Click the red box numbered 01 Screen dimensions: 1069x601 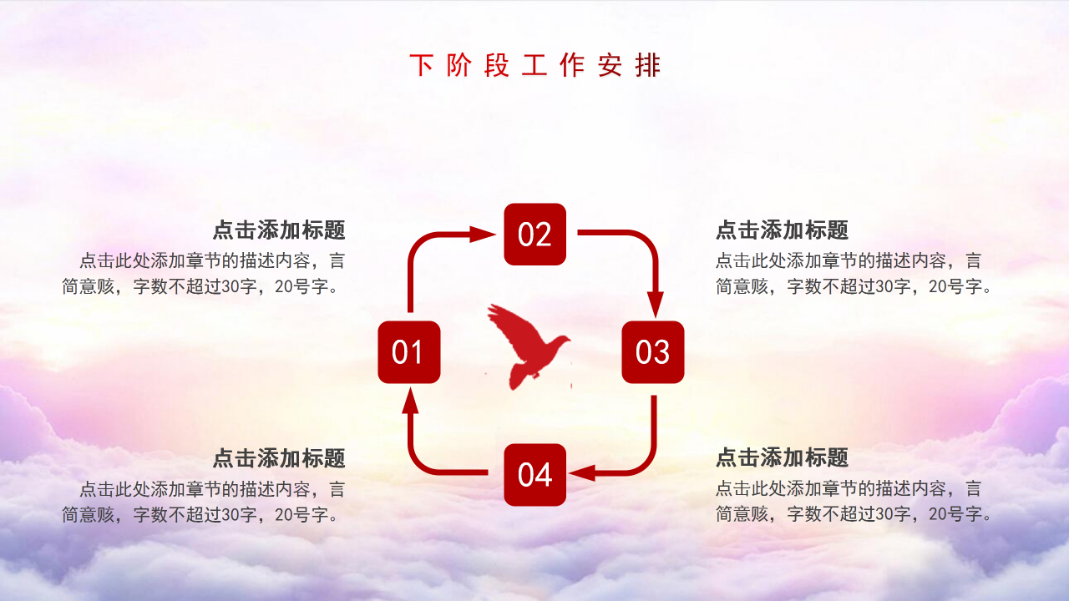409,352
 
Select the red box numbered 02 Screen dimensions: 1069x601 535,235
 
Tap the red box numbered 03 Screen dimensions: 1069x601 653,352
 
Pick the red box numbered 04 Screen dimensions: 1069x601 535,475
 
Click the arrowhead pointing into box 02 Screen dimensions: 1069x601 482,235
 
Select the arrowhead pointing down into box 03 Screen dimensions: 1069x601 656,304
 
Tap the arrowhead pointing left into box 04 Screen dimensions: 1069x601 582,473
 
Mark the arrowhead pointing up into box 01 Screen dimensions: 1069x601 410,400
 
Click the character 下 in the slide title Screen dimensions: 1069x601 422,65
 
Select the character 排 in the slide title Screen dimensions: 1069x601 648,65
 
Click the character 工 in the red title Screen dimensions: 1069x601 534,65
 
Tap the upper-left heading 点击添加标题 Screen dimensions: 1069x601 279,230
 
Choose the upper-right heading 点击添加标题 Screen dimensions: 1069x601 783,230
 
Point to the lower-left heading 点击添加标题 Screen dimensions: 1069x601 279,458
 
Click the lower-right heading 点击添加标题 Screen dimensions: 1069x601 783,457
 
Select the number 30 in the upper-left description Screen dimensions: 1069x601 231,286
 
